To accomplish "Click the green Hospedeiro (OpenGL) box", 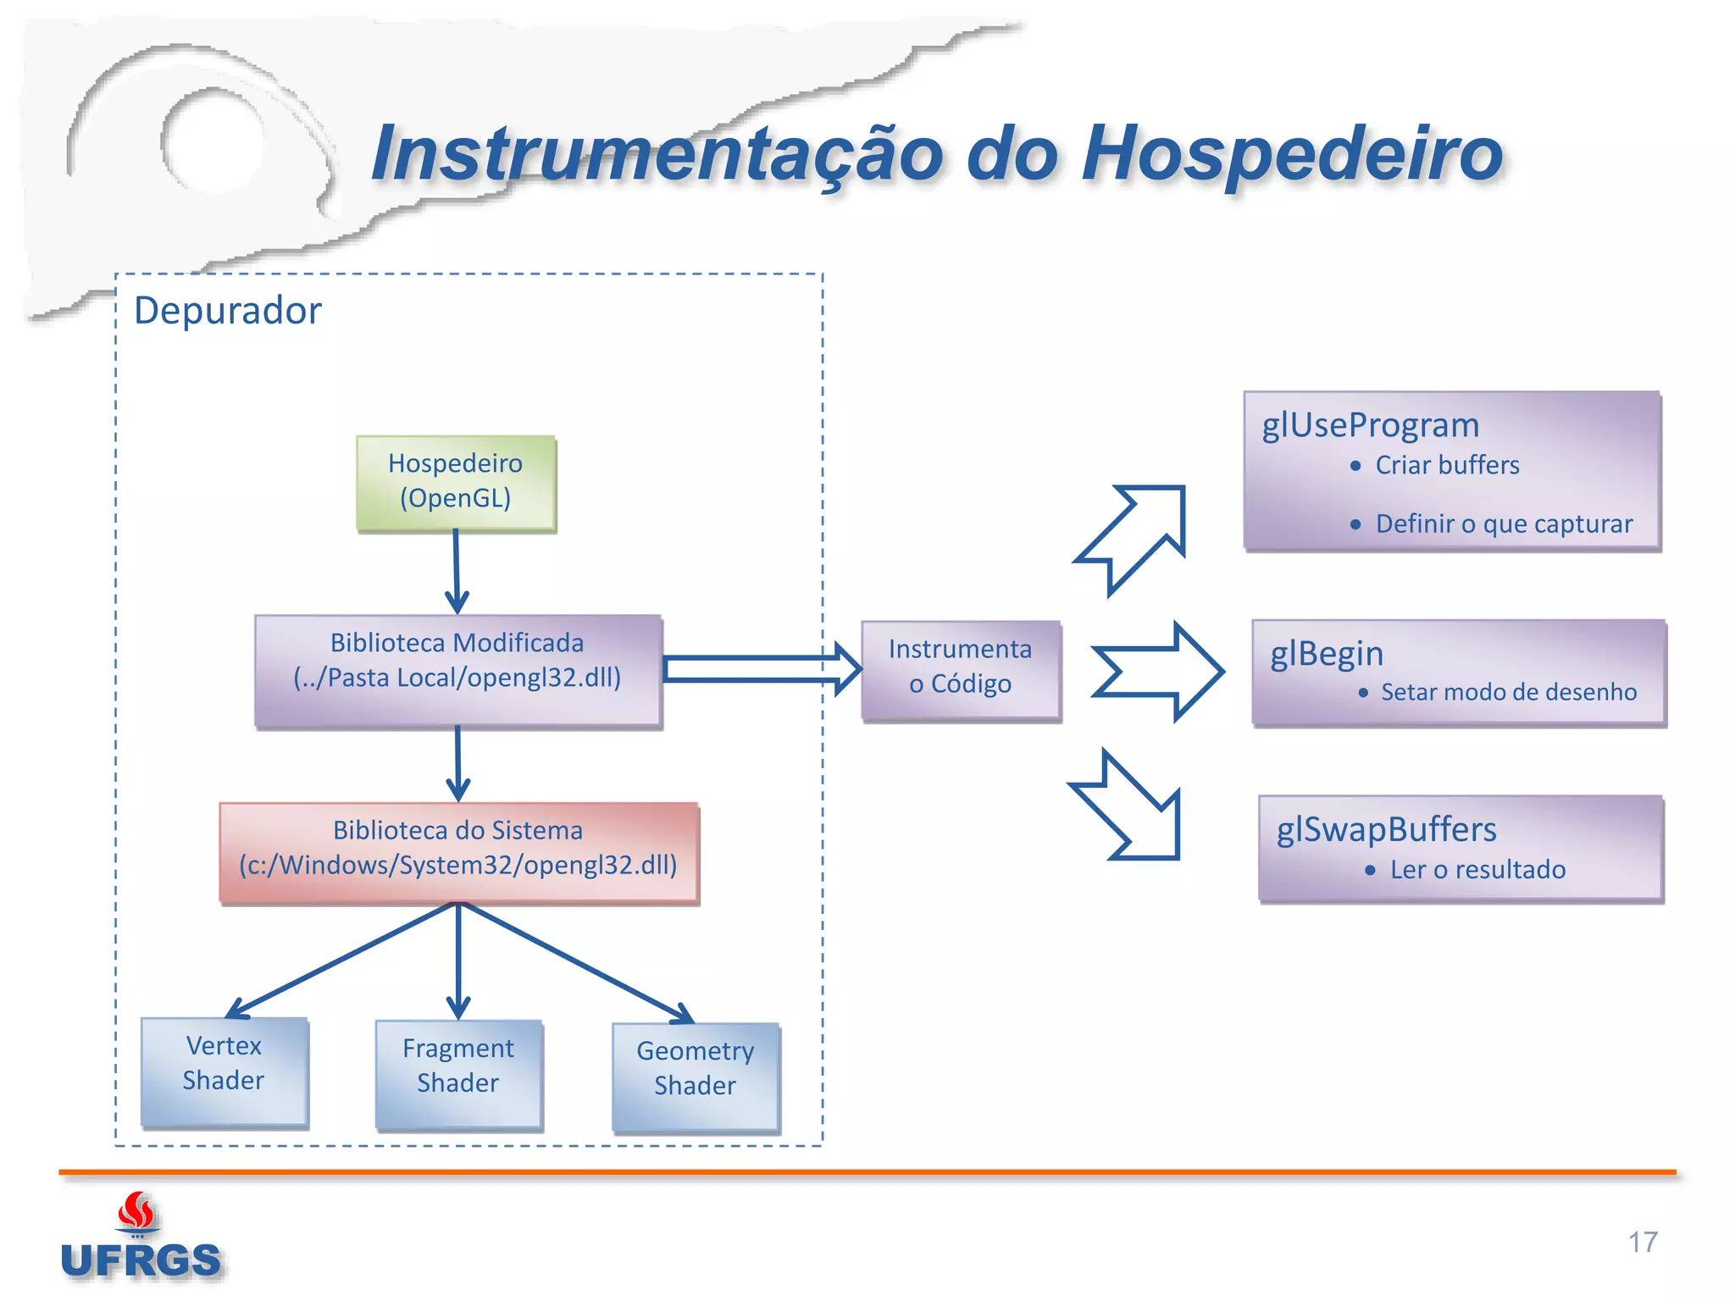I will (456, 483).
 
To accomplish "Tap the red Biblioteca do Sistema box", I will (458, 852).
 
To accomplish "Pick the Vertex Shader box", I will (224, 1071).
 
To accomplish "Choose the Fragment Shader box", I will (458, 1074).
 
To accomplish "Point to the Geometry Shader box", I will (695, 1077).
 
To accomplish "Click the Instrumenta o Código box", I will (960, 670).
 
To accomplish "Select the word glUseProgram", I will (1370, 425).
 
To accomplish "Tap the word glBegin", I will (1326, 654).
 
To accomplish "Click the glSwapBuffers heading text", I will (1386, 829).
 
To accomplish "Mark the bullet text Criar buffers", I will (1446, 465).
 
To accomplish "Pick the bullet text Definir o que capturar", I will (1503, 523).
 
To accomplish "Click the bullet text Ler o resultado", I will (1477, 869).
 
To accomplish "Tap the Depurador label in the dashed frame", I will (228, 310).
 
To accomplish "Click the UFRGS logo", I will (141, 1242).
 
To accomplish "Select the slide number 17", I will (1642, 1242).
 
